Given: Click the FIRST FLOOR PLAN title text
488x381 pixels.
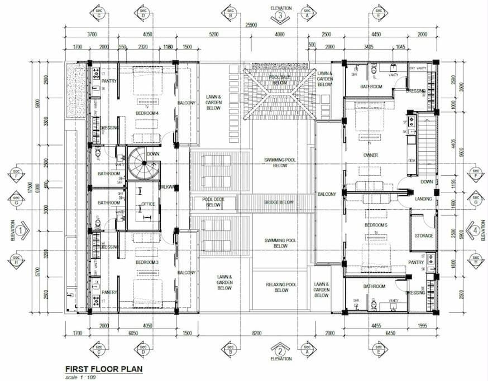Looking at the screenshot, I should tap(104, 369).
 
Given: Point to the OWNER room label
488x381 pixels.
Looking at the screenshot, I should tap(371, 155).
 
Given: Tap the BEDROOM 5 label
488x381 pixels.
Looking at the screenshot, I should tap(375, 225).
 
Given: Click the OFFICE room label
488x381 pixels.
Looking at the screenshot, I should tap(148, 204).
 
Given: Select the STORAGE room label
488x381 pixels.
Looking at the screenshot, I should tap(424, 236).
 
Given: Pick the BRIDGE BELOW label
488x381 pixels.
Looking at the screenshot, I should tap(280, 202).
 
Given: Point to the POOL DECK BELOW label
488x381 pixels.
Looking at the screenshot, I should tap(213, 202).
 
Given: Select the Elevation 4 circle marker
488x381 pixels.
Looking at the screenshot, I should tap(474, 229).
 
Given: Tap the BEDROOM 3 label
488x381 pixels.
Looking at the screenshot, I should tap(147, 262).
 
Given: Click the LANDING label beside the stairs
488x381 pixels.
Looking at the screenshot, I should tap(422, 199).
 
